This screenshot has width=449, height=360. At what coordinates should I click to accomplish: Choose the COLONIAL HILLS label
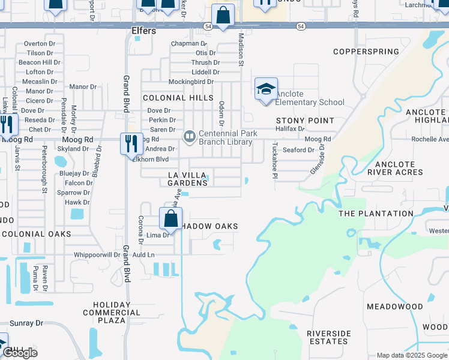178,97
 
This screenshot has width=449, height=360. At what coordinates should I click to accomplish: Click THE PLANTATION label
376,214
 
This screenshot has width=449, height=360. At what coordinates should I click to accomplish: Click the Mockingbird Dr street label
174,81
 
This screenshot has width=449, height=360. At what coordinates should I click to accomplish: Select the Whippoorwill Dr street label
97,254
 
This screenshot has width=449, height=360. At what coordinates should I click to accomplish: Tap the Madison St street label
241,49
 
